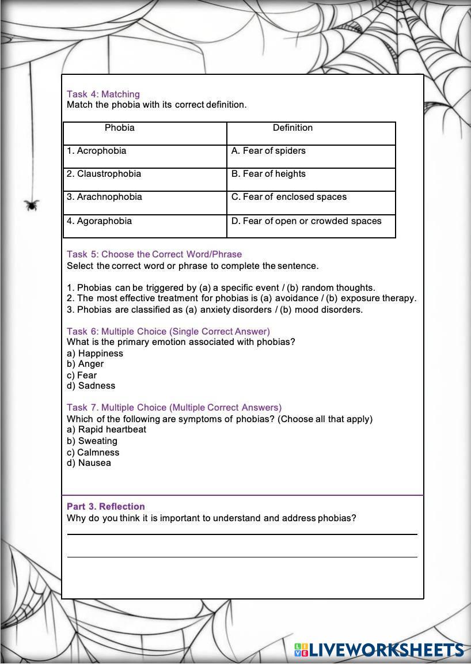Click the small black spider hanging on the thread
[x=32, y=204]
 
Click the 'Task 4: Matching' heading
[x=103, y=94]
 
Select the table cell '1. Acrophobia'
[x=96, y=151]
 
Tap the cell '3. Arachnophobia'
[x=104, y=197]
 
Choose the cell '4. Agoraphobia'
[x=99, y=221]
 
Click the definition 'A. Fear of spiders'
[x=268, y=151]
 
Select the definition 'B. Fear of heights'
[x=268, y=174]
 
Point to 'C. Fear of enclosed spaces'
[x=289, y=197]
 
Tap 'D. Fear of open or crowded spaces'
[x=306, y=221]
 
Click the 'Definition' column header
[x=293, y=128]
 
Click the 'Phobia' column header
[x=120, y=128]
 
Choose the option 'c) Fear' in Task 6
[x=82, y=375]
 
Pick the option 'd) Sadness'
[x=91, y=386]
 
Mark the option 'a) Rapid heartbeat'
[x=107, y=430]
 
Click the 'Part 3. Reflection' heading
[x=105, y=507]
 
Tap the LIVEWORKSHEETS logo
[x=379, y=651]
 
